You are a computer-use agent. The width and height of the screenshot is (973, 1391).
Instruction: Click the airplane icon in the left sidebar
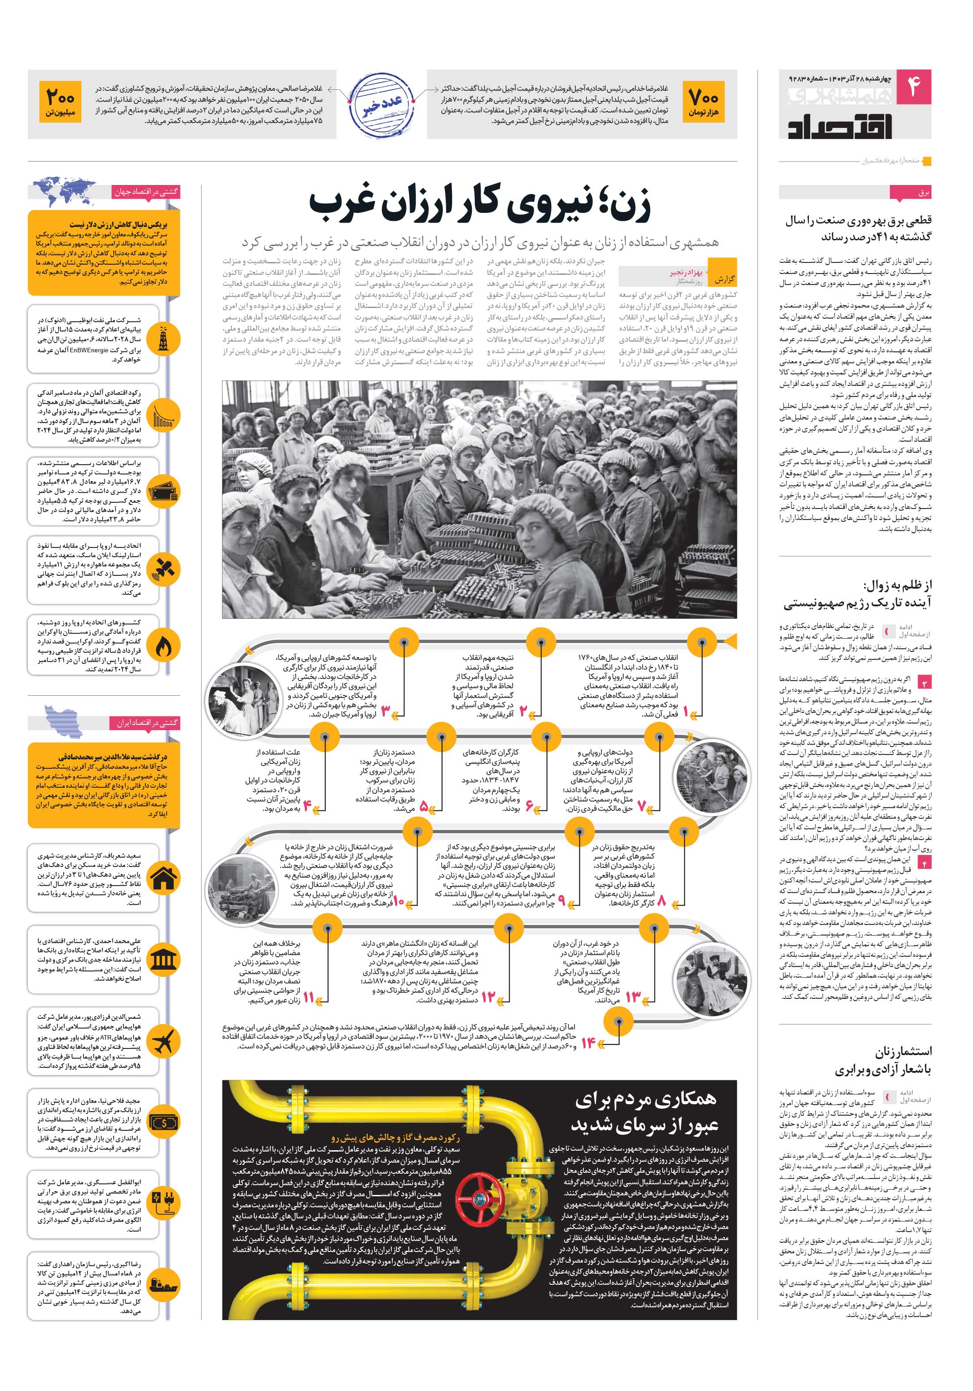coord(164,1043)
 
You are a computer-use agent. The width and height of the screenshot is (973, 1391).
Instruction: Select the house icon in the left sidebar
coord(164,879)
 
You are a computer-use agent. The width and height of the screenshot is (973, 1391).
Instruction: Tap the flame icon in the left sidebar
coord(164,647)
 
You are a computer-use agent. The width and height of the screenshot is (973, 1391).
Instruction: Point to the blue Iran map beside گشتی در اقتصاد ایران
coord(64,721)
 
